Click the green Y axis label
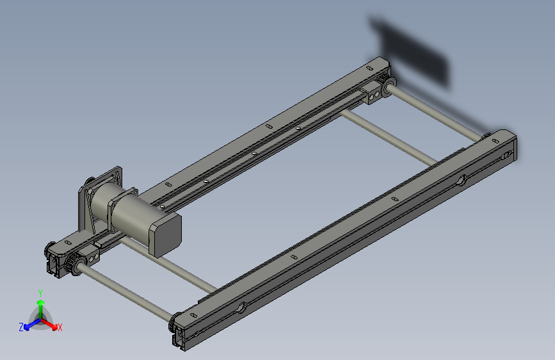40,293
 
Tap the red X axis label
60,327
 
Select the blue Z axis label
21,327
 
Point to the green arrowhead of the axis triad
41,303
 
